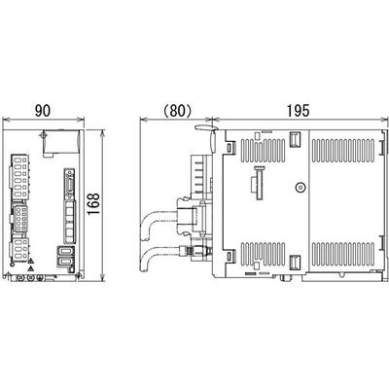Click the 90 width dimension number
click(x=43, y=111)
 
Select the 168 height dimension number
click(x=93, y=204)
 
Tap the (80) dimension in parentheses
click(x=177, y=111)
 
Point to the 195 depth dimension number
click(x=298, y=111)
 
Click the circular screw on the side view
click(x=301, y=188)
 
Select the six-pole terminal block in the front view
click(x=19, y=177)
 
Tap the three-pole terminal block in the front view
click(x=19, y=250)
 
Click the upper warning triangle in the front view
click(x=30, y=261)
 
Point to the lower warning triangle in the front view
click(x=30, y=268)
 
